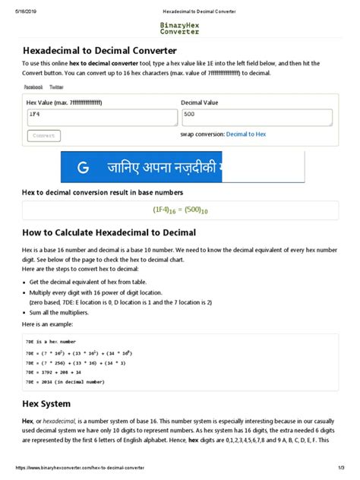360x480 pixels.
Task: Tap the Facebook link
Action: [33, 87]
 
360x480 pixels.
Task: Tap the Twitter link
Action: [56, 87]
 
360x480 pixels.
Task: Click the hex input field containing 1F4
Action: [101, 116]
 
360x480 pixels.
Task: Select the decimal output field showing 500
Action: [256, 116]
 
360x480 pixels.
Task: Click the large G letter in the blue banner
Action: [83, 167]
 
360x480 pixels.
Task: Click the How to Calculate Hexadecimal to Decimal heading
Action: [109, 232]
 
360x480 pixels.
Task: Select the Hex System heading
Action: [48, 403]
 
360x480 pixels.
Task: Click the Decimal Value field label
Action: [201, 101]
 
